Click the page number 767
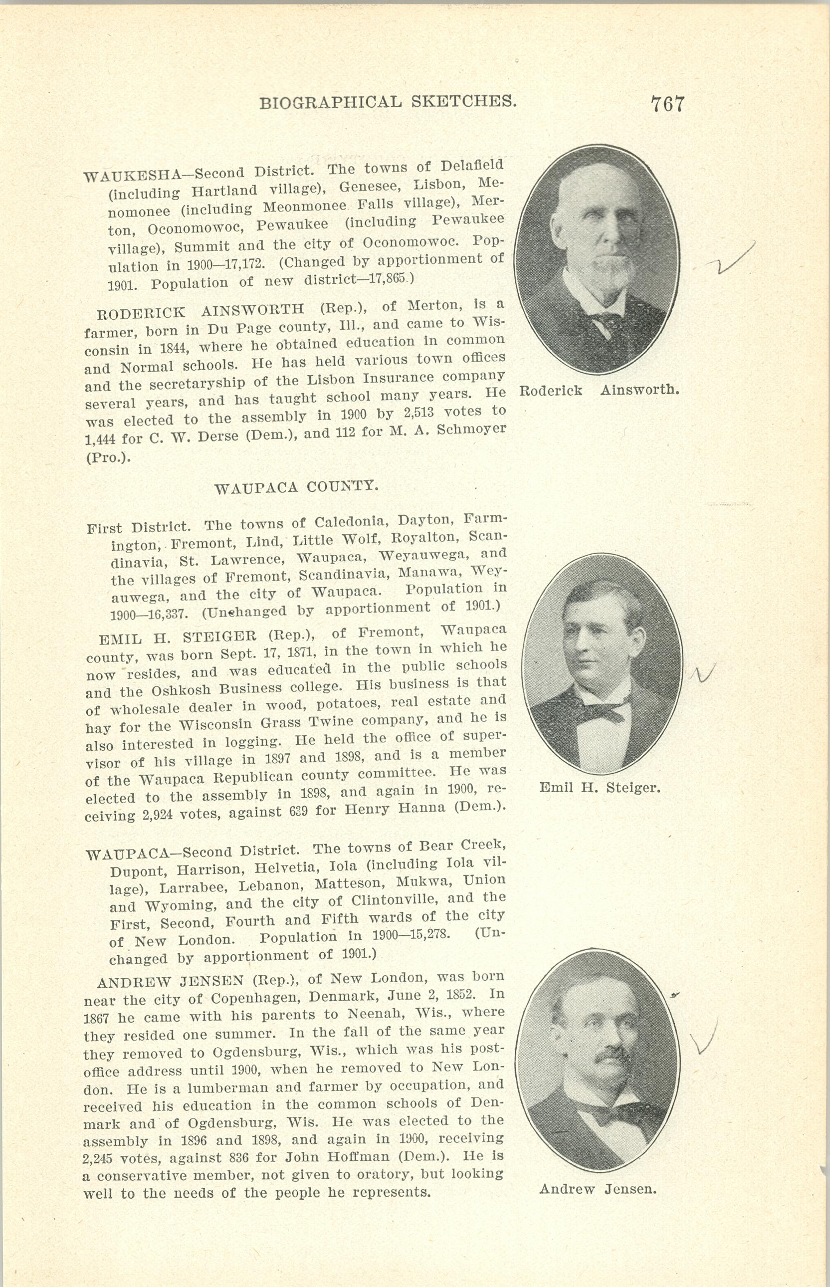[667, 103]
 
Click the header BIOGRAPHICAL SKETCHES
[388, 101]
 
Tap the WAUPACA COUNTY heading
[296, 487]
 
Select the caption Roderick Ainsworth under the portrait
[598, 390]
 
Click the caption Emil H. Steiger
[600, 788]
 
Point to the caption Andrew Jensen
[598, 1188]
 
